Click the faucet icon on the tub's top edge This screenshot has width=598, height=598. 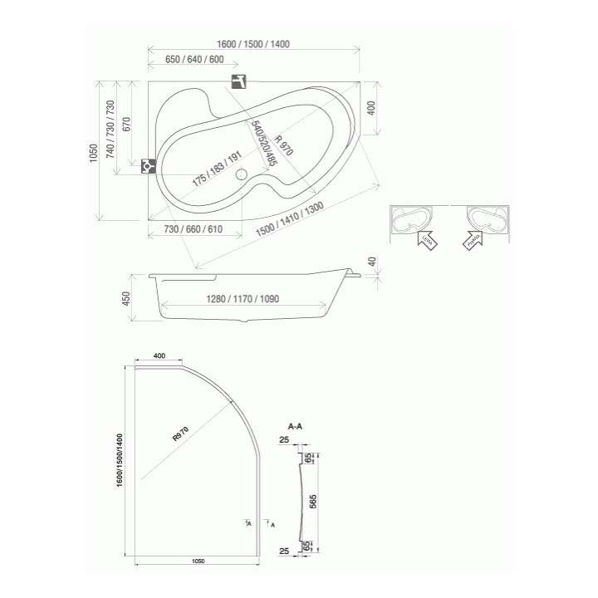[x=239, y=81]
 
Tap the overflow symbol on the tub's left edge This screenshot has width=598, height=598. [x=148, y=164]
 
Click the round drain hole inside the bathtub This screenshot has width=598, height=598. [x=242, y=175]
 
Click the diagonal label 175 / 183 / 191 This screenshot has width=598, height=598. [x=217, y=169]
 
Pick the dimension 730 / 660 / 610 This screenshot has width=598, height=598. [x=193, y=229]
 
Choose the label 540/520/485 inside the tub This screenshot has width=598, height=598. [x=259, y=144]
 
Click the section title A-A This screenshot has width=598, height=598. [x=295, y=425]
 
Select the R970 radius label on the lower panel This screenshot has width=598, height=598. [x=180, y=434]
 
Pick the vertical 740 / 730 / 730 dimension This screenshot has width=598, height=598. [x=110, y=129]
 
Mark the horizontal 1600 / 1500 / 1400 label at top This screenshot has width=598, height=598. [x=254, y=44]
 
